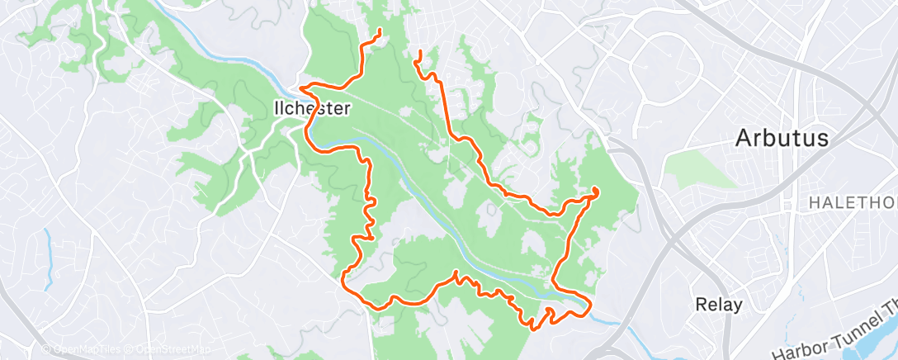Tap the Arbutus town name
[781, 139]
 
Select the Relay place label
[718, 304]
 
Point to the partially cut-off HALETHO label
[853, 202]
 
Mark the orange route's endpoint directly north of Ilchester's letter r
[380, 32]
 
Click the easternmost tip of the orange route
[597, 192]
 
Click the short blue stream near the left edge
[49, 252]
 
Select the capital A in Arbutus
[744, 139]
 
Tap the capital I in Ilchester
[276, 108]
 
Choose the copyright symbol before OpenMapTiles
[45, 350]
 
